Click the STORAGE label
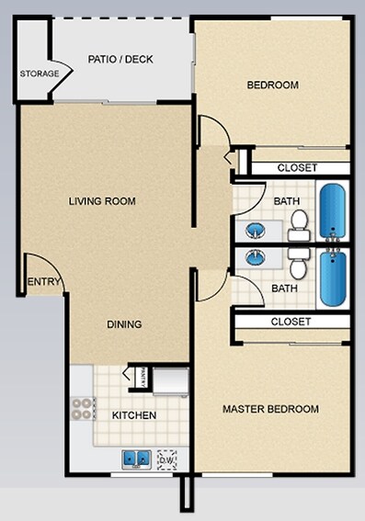[x=40, y=74]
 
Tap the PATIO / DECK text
[x=120, y=60]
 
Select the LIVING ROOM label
[x=102, y=201]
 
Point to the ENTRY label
[x=42, y=282]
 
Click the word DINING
[x=122, y=324]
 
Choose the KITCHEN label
[x=134, y=415]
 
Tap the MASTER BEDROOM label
[x=271, y=409]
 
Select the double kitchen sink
[x=137, y=458]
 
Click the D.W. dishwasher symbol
[x=167, y=457]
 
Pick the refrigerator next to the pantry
[x=170, y=379]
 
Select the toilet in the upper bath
[x=299, y=223]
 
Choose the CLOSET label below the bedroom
[x=297, y=168]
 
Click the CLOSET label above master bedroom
[x=291, y=322]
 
